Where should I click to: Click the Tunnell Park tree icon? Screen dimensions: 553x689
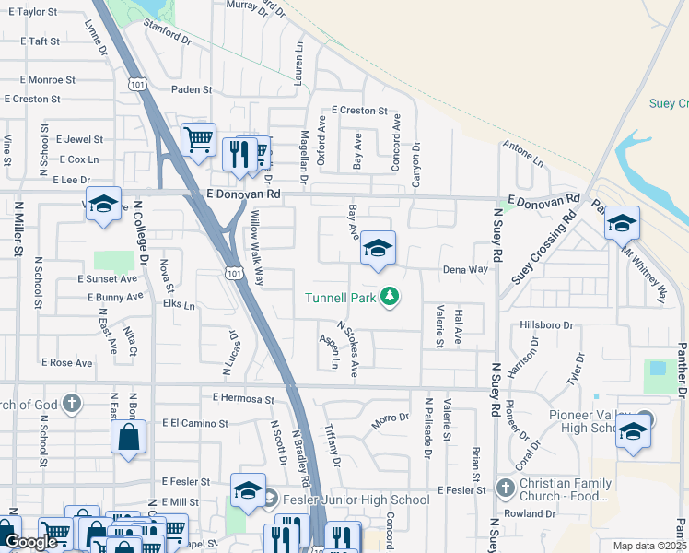coord(391,296)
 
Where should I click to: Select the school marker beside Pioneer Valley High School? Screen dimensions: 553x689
coord(633,433)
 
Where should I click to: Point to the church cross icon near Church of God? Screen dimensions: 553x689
coord(73,403)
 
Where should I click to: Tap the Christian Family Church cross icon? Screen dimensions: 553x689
coord(505,487)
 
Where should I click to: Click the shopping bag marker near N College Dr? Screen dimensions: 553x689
coord(128,437)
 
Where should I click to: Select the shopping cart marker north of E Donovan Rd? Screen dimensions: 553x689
coord(198,140)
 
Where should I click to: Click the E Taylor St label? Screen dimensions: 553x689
coord(31,12)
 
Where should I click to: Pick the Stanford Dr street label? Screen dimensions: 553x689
coord(168,40)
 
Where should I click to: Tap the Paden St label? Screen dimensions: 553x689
coord(193,90)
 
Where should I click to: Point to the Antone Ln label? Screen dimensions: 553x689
coord(524,154)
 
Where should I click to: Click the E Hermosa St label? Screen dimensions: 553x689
coord(243,399)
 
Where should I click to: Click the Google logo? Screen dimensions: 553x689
coord(30,542)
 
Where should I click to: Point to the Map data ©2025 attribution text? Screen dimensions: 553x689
coord(648,546)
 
